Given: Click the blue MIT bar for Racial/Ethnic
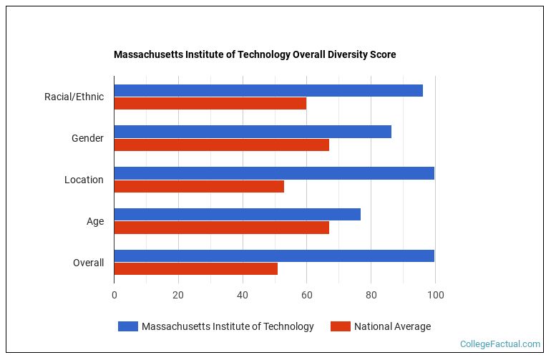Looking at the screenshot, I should pos(268,90).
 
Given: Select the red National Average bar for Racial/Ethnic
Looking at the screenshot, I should pos(210,103).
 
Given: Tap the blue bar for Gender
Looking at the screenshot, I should pos(253,132).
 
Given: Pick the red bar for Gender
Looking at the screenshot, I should pos(221,145).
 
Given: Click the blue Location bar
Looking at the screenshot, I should pos(274,173).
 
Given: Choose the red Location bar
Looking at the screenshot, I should pos(199,186).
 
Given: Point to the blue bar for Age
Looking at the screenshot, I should pos(237,215).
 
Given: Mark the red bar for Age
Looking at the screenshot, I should pos(221,228).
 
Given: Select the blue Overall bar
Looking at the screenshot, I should pos(274,256).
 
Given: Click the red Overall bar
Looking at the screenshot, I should pos(195,269).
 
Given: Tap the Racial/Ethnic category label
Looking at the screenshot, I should pos(74,97).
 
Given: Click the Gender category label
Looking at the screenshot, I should pos(87,138).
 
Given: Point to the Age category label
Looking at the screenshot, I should pos(95,221).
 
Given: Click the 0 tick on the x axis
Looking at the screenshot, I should pos(114,295).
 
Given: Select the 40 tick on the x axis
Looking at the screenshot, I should pos(243,295).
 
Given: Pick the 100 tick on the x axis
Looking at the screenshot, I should pos(435,295).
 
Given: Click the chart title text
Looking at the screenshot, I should pos(255,54).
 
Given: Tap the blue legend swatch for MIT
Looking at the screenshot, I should pos(128,326).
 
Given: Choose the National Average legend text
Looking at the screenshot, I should pos(393,326).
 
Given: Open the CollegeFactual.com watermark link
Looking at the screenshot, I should pos(500,344).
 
